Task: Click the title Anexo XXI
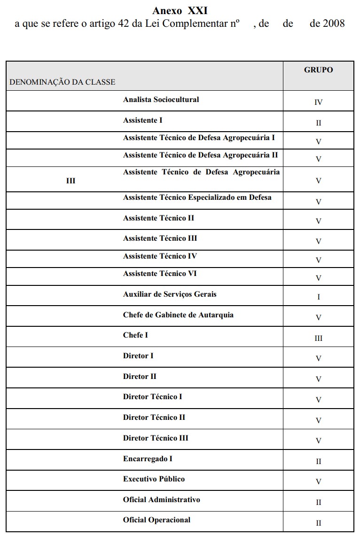(180, 10)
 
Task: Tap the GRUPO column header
(318, 70)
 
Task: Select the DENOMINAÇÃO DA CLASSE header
(62, 82)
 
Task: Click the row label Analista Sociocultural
(161, 100)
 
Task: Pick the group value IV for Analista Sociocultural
(318, 102)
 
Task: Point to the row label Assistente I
(142, 120)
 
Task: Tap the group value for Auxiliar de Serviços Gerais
(318, 297)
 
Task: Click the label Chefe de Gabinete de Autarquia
(178, 315)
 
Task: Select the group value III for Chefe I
(318, 339)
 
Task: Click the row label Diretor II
(140, 377)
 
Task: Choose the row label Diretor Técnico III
(156, 438)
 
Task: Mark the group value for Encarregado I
(318, 462)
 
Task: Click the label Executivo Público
(154, 479)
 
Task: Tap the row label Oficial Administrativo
(161, 500)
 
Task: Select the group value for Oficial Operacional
(318, 523)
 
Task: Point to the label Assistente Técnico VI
(160, 274)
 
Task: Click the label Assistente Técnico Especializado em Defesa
(197, 197)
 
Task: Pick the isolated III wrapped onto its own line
(70, 181)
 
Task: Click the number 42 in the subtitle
(124, 24)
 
